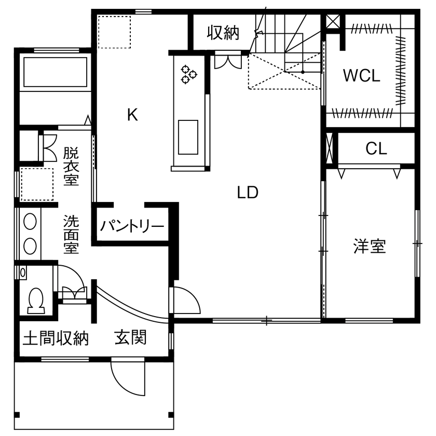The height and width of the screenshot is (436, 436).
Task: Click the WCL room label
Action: pyautogui.click(x=362, y=76)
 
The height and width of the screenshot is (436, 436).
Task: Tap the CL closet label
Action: pyautogui.click(x=376, y=149)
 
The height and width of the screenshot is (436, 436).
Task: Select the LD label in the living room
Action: pyautogui.click(x=248, y=193)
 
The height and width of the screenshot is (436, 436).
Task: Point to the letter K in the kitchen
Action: pyautogui.click(x=132, y=115)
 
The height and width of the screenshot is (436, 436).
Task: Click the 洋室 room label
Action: pyautogui.click(x=370, y=246)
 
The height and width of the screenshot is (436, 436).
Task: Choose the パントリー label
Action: pyautogui.click(x=132, y=226)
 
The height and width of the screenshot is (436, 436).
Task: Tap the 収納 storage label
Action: pyautogui.click(x=223, y=33)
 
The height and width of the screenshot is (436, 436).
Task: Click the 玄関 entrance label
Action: pyautogui.click(x=130, y=338)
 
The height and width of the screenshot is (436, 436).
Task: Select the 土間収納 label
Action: pyautogui.click(x=56, y=338)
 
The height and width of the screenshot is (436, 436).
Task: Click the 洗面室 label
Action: pyautogui.click(x=71, y=234)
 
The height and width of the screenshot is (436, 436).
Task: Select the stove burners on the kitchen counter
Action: pyautogui.click(x=188, y=74)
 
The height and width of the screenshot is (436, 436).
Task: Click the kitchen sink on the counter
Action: pyautogui.click(x=188, y=137)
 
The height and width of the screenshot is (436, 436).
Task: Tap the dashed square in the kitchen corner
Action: pyautogui.click(x=114, y=32)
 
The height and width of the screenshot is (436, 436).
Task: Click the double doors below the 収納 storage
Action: pyautogui.click(x=227, y=61)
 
